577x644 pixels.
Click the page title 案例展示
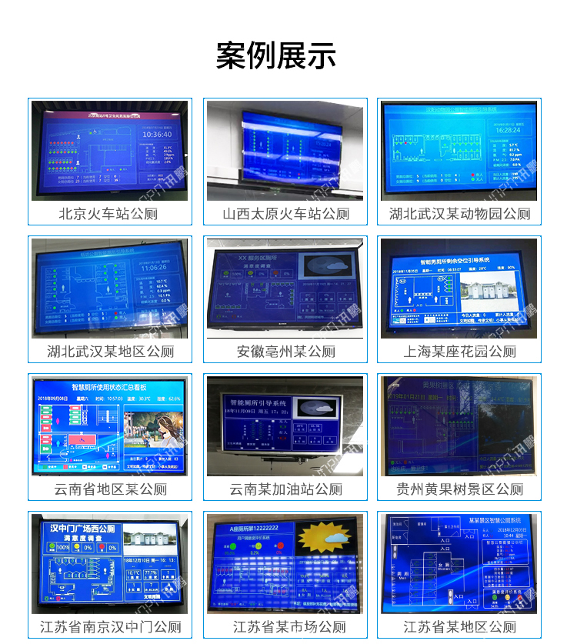(276, 56)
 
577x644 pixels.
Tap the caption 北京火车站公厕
(108, 214)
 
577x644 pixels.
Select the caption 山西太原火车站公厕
(285, 214)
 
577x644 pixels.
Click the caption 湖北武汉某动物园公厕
(459, 214)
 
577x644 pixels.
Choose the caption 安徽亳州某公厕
(285, 352)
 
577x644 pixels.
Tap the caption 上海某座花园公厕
(459, 352)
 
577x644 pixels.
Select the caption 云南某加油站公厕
(285, 489)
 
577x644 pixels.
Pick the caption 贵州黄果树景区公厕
(459, 489)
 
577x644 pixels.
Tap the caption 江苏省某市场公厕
(285, 627)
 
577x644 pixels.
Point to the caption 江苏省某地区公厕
(459, 627)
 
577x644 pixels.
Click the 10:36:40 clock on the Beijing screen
(156, 134)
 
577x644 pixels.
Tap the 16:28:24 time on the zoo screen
(507, 130)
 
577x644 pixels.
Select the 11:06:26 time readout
(155, 268)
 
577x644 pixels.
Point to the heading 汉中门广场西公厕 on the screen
(82, 529)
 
